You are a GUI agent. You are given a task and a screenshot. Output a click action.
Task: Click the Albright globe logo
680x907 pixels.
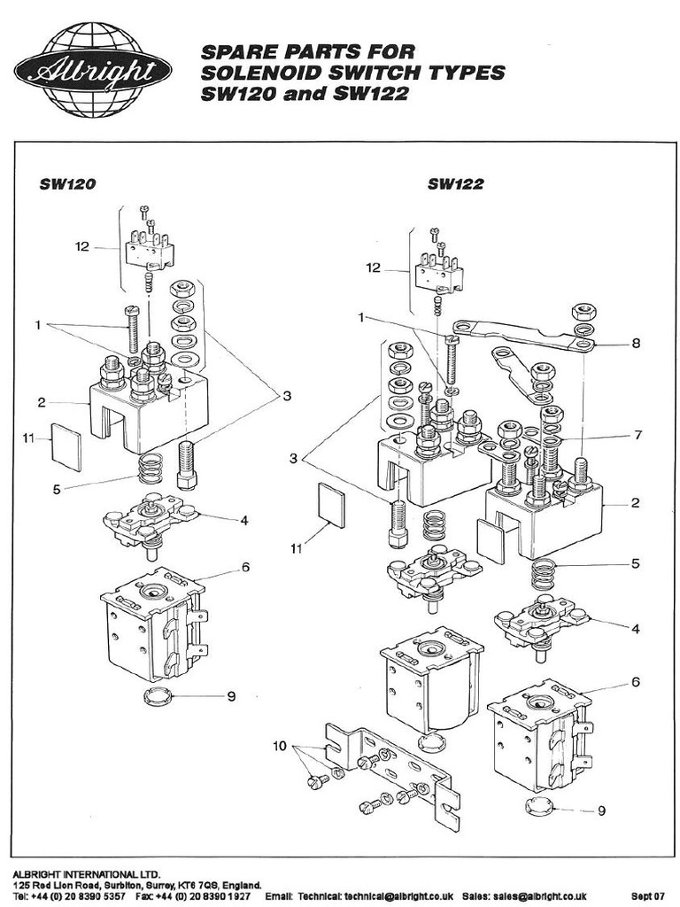(x=92, y=70)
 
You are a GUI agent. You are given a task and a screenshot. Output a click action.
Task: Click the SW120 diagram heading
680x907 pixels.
(x=66, y=184)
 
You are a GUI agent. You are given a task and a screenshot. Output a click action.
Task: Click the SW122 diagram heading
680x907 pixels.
(x=455, y=184)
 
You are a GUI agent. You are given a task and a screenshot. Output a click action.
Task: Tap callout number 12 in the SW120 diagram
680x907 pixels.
(x=82, y=247)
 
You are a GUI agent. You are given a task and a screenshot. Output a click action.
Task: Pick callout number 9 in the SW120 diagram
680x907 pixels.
(x=231, y=696)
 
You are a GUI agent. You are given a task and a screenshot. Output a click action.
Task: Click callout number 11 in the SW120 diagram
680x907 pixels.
(x=28, y=436)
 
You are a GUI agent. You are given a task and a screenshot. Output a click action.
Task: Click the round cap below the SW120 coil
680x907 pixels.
(x=157, y=695)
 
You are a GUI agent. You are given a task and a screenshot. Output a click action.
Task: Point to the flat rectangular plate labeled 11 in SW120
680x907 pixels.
(x=66, y=446)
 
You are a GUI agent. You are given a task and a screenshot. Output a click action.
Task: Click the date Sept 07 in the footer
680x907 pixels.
(x=648, y=896)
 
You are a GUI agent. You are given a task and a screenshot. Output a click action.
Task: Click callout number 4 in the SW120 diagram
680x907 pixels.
(x=243, y=519)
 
